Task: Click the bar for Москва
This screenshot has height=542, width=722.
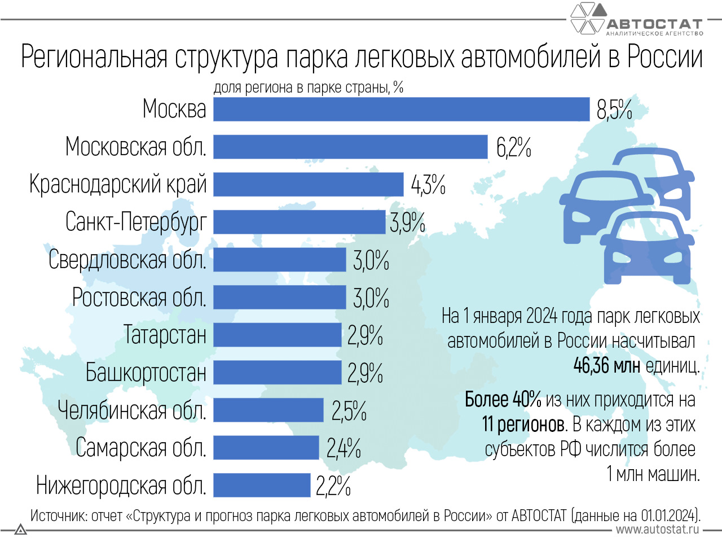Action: tap(402, 109)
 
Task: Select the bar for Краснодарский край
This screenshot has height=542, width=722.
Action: tap(309, 185)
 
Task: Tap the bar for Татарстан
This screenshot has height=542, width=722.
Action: tap(278, 335)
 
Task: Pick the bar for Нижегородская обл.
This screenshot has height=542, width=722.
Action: tap(262, 485)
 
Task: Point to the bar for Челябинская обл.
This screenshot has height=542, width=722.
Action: tap(268, 410)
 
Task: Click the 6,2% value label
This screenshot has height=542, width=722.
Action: tap(513, 147)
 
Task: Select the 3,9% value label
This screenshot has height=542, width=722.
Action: tap(407, 223)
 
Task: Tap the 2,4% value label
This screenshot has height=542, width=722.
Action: tap(344, 448)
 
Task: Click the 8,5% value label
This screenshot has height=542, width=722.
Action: tap(614, 110)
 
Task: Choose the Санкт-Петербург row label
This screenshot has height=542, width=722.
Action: tap(136, 222)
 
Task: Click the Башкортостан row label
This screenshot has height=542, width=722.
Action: tap(146, 373)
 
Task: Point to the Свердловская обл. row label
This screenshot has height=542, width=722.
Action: tap(127, 260)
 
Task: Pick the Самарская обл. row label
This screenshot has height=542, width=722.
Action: tap(141, 448)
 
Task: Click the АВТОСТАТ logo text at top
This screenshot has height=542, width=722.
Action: tap(654, 24)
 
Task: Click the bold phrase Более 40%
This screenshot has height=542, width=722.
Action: tap(503, 400)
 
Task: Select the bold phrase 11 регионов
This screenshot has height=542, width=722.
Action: tap(524, 424)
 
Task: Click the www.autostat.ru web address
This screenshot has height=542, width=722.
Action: tap(657, 530)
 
